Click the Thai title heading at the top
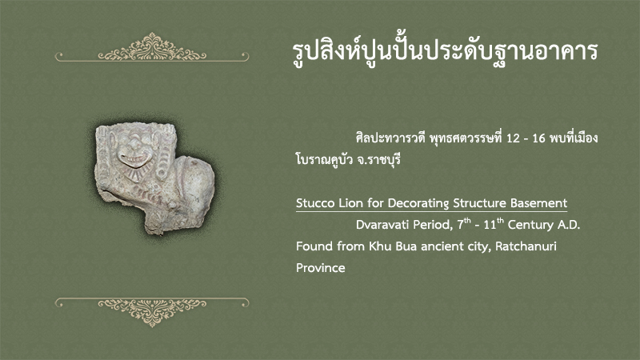tap(446, 51)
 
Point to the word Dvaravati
tap(382, 225)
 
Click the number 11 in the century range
tap(490, 225)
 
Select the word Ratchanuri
tap(526, 246)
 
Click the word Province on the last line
tap(321, 268)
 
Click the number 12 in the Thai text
tap(513, 138)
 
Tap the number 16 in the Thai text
tap(538, 138)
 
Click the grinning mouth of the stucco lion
tap(134, 159)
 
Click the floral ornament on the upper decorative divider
tap(152, 48)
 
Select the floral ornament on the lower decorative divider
tap(152, 311)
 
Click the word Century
tap(526, 225)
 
